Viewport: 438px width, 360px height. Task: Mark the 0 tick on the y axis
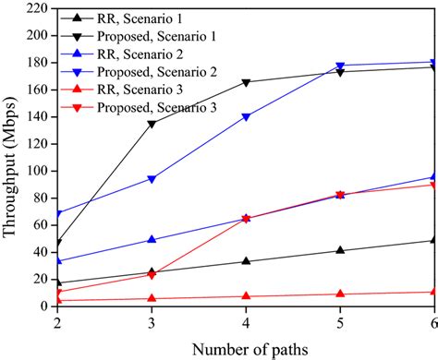click(41, 306)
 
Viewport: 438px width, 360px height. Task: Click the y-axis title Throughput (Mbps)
click(12, 157)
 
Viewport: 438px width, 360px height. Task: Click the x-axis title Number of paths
click(246, 348)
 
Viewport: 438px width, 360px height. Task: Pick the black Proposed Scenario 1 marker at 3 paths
click(152, 124)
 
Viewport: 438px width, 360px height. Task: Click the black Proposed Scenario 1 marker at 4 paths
click(246, 82)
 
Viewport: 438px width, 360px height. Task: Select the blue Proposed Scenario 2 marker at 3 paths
click(152, 179)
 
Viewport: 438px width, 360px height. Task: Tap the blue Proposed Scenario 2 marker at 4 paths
click(246, 117)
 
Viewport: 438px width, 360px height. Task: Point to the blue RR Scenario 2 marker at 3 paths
click(152, 239)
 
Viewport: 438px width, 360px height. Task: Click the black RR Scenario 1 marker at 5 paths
click(340, 250)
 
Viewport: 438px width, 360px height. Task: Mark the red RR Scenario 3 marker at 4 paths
click(246, 295)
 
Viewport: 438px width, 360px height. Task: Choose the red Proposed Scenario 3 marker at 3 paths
click(152, 275)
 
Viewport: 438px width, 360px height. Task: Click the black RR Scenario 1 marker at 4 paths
click(246, 261)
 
